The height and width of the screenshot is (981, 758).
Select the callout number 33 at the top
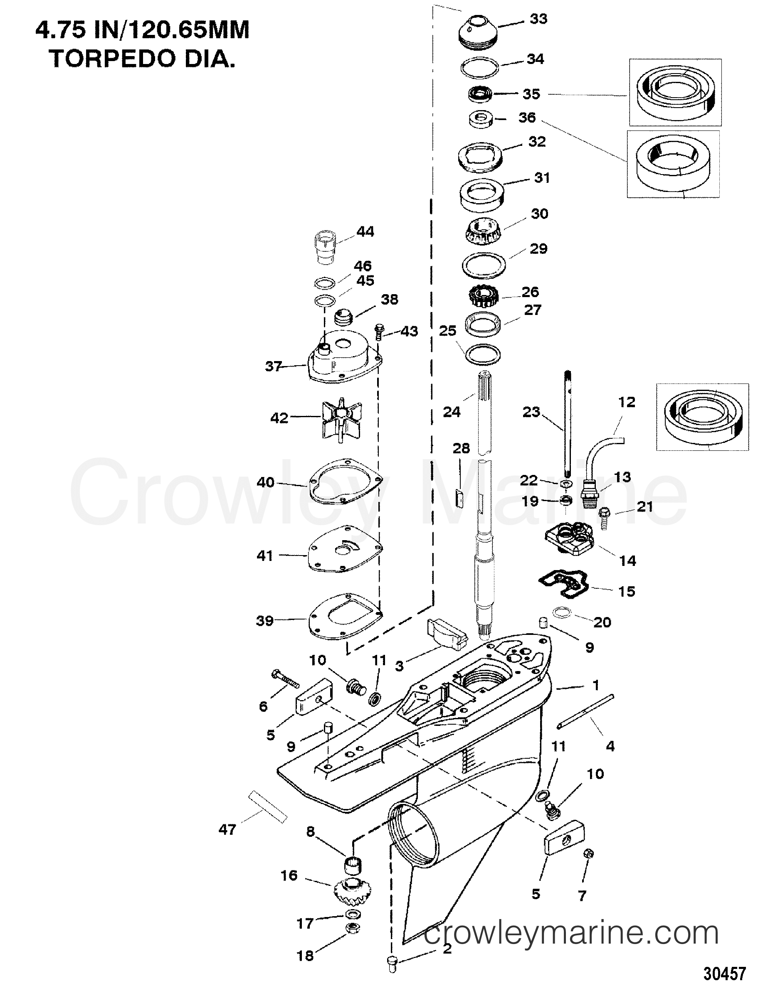[538, 19]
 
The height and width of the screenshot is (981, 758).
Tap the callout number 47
[227, 830]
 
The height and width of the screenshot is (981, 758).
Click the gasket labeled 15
[564, 583]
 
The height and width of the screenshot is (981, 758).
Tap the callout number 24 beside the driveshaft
[452, 411]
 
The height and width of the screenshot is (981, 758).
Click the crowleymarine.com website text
[571, 934]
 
